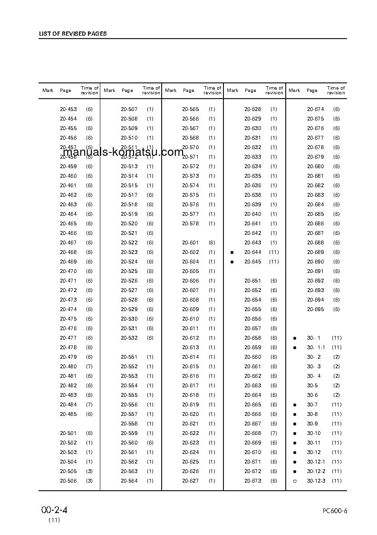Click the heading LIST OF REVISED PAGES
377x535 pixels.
click(73, 34)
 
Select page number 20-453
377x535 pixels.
click(68, 109)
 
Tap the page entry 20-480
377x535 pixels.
click(68, 366)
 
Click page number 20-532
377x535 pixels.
click(129, 338)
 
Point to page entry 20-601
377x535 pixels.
click(191, 242)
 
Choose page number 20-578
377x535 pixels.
click(191, 223)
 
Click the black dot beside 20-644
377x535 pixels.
click(232, 252)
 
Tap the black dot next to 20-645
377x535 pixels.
click(232, 262)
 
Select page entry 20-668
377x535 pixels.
click(253, 433)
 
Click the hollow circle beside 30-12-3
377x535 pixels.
click(295, 481)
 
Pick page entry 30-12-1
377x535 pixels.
click(316, 462)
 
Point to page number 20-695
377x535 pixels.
click(316, 309)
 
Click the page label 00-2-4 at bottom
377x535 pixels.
click(54, 510)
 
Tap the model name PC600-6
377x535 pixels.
click(335, 511)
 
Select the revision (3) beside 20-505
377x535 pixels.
click(89, 471)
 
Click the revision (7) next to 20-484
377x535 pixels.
click(89, 404)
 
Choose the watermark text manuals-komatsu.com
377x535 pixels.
click(123, 152)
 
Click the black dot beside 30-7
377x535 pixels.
click(295, 404)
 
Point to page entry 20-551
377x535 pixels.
click(129, 357)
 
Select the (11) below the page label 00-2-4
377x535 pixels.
click(54, 520)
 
